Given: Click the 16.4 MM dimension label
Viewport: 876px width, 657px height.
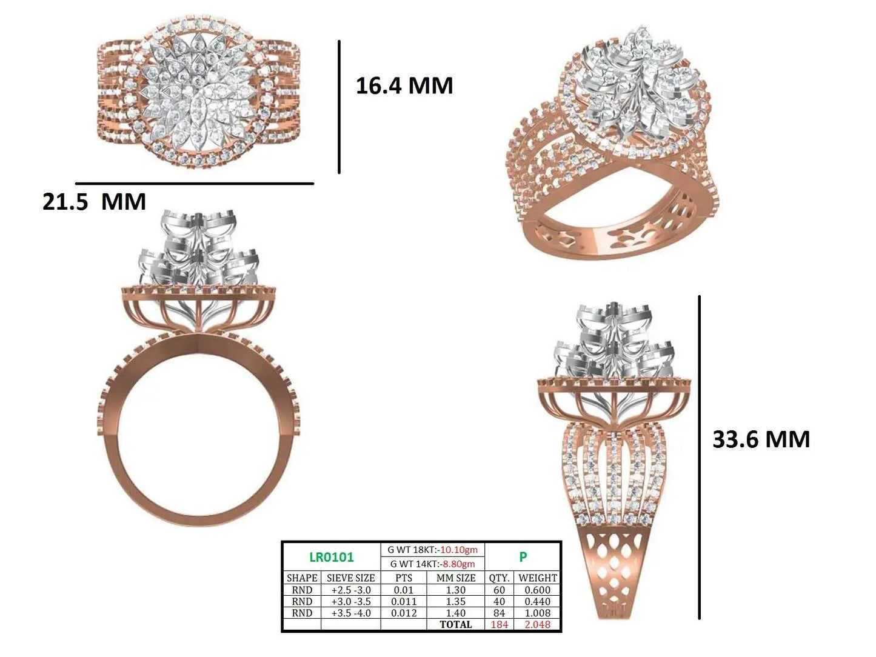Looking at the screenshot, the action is coord(404,86).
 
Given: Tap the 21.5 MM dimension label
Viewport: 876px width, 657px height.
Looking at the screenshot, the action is coord(94,201).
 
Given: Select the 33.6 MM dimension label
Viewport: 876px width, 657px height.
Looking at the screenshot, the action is coord(761,439).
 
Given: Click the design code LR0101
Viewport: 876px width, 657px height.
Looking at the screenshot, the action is coord(332,557).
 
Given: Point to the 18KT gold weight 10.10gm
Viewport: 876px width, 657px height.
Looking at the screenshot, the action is coord(459,550).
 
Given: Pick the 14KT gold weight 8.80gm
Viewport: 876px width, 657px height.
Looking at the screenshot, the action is coord(459,564).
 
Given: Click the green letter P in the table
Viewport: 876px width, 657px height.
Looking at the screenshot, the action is coord(523,556).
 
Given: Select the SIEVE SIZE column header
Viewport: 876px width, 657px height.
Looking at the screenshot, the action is coord(351,578).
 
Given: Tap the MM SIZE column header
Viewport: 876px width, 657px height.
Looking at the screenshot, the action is coord(456,578).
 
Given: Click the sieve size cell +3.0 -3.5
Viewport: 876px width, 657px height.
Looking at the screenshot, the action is coord(351,601).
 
